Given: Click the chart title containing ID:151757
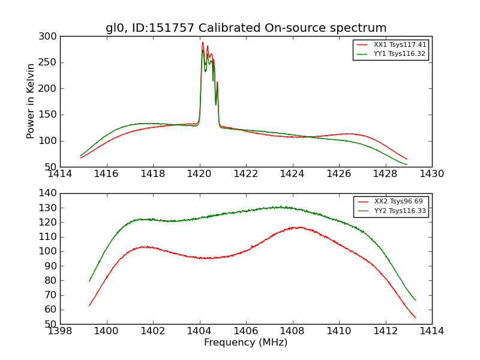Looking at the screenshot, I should pos(246,28).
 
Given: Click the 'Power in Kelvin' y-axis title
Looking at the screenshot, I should pos(31,101).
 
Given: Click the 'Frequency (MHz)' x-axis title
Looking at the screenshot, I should pos(246,343).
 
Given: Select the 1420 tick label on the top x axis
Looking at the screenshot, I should pos(199,174).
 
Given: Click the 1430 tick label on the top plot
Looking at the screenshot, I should pos(431,174).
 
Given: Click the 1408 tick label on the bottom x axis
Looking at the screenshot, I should pos(292,331).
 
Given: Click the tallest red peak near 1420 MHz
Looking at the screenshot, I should pos(203,42).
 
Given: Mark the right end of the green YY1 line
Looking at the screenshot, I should pos(407,164).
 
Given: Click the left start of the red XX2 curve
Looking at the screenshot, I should pos(89,305).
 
